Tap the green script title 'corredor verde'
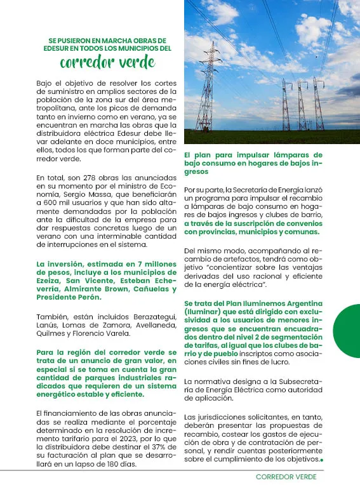pyautogui.click(x=107, y=62)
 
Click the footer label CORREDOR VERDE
pyautogui.click(x=286, y=477)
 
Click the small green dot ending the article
pyautogui.click(x=323, y=459)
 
